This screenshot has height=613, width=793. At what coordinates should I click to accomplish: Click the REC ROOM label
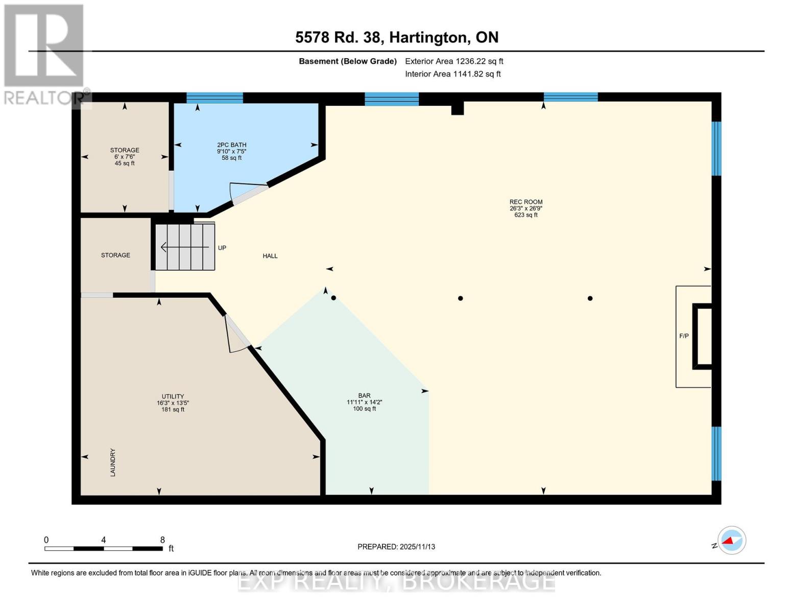(x=525, y=202)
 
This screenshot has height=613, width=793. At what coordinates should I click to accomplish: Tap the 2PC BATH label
(x=231, y=145)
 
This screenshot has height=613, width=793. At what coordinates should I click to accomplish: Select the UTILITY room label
(x=173, y=396)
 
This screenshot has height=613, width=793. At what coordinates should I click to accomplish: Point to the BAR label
(x=364, y=395)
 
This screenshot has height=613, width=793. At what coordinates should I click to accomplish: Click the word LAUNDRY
(x=113, y=462)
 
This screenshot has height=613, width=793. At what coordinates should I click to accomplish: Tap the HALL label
(x=270, y=256)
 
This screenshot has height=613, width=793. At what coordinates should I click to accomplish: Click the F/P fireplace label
(x=684, y=336)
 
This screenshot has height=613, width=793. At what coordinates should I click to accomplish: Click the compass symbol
(x=731, y=540)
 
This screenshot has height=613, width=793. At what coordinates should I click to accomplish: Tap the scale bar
(x=104, y=549)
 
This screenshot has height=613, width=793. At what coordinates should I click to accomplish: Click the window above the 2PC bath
(x=214, y=98)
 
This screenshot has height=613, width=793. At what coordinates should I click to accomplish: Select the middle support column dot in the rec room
(x=460, y=298)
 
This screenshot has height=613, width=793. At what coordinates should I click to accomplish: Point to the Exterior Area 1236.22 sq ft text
(x=454, y=61)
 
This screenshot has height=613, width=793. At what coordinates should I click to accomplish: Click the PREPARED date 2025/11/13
(x=396, y=547)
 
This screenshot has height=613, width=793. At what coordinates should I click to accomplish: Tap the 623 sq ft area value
(x=525, y=215)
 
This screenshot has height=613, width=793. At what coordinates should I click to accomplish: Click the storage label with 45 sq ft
(x=125, y=156)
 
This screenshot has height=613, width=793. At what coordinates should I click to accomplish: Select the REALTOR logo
(x=45, y=54)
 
